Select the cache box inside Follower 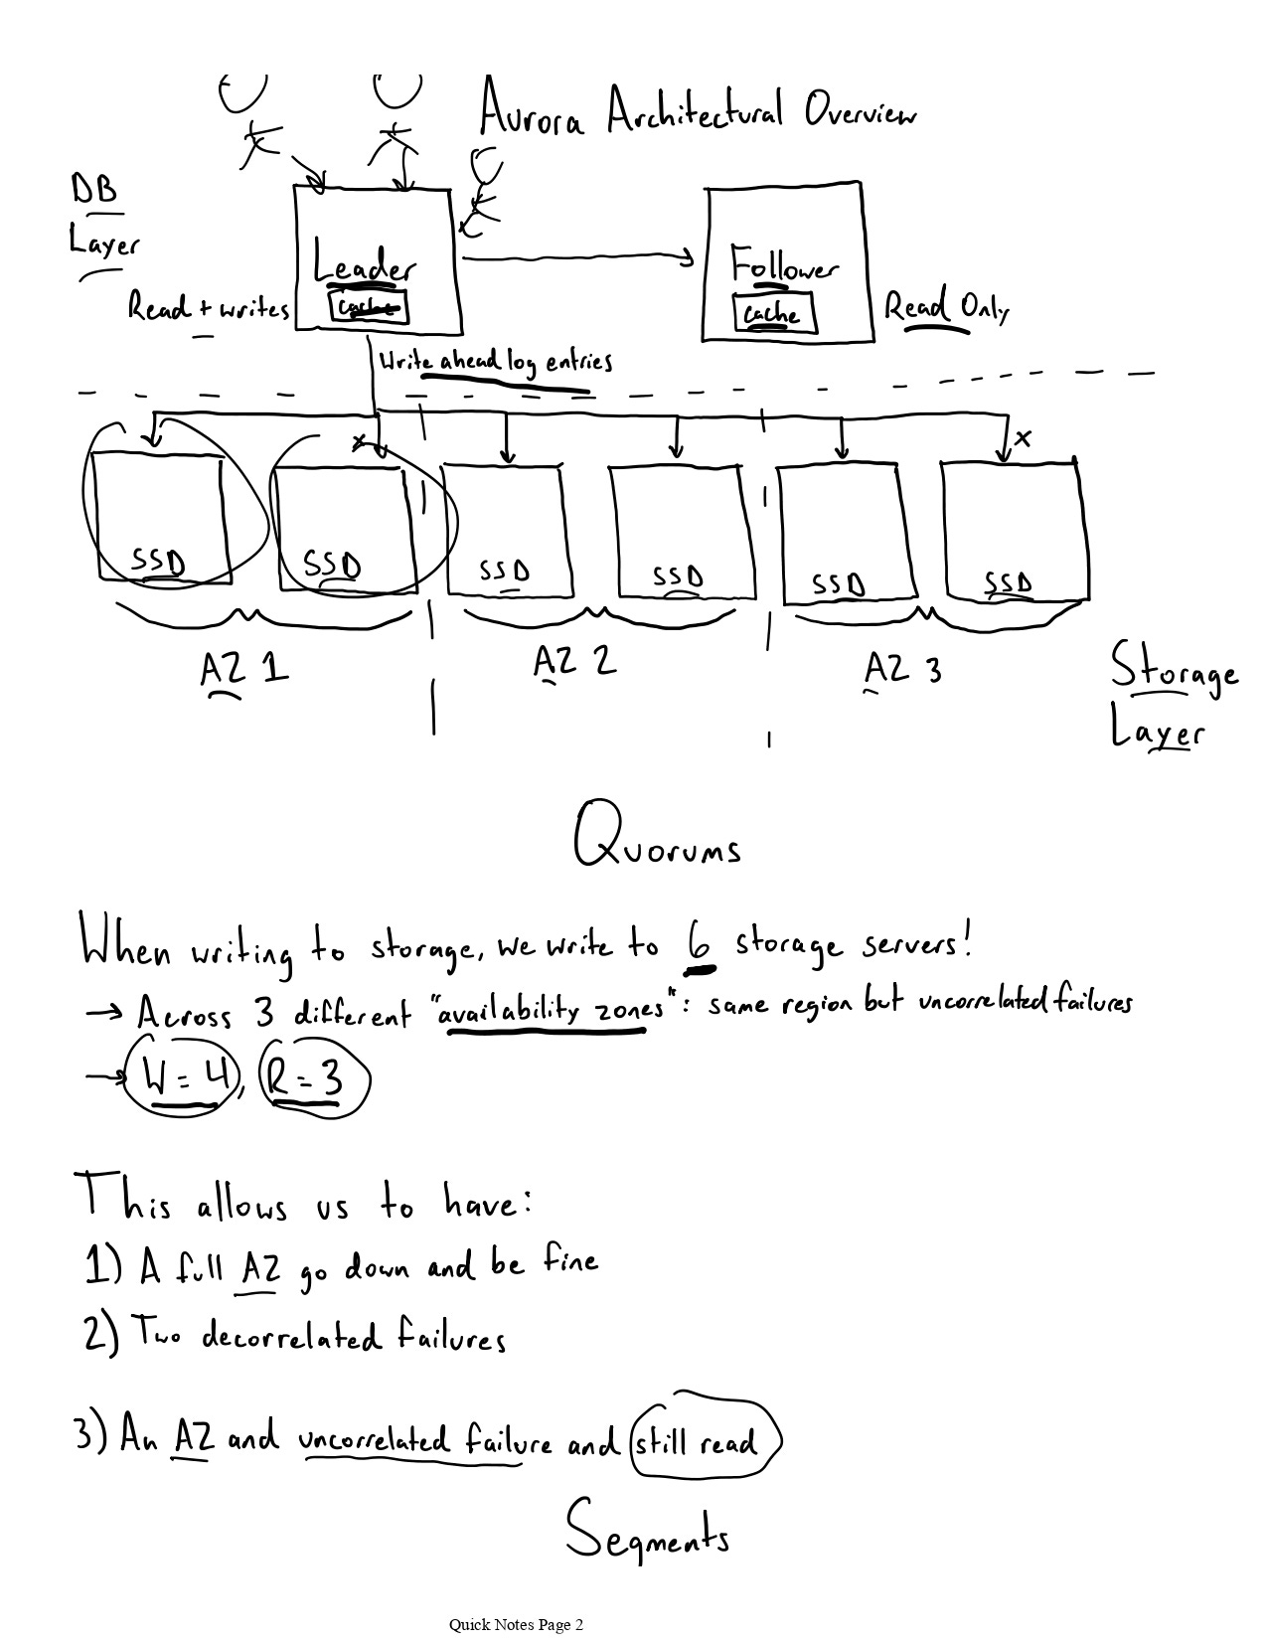pyautogui.click(x=772, y=313)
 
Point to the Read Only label pyautogui.click(x=946, y=308)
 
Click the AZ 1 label pyautogui.click(x=243, y=669)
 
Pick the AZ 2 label pyautogui.click(x=574, y=661)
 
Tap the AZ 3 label pyautogui.click(x=902, y=669)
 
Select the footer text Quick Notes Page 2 pyautogui.click(x=516, y=1625)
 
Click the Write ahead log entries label pyautogui.click(x=494, y=362)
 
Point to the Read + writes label pyautogui.click(x=208, y=309)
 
